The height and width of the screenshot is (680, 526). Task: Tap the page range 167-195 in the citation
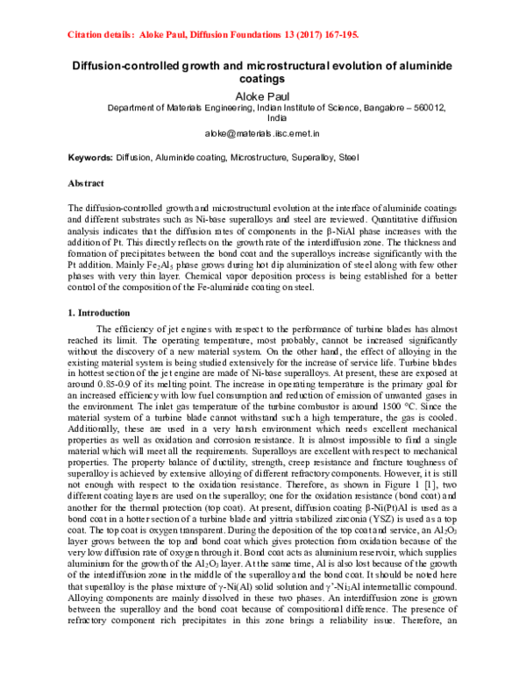(x=332, y=36)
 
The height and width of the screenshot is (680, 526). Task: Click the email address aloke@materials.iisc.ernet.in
(x=262, y=136)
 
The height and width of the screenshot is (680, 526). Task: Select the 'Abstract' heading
(x=86, y=184)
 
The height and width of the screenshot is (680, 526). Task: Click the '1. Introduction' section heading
(x=99, y=313)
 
